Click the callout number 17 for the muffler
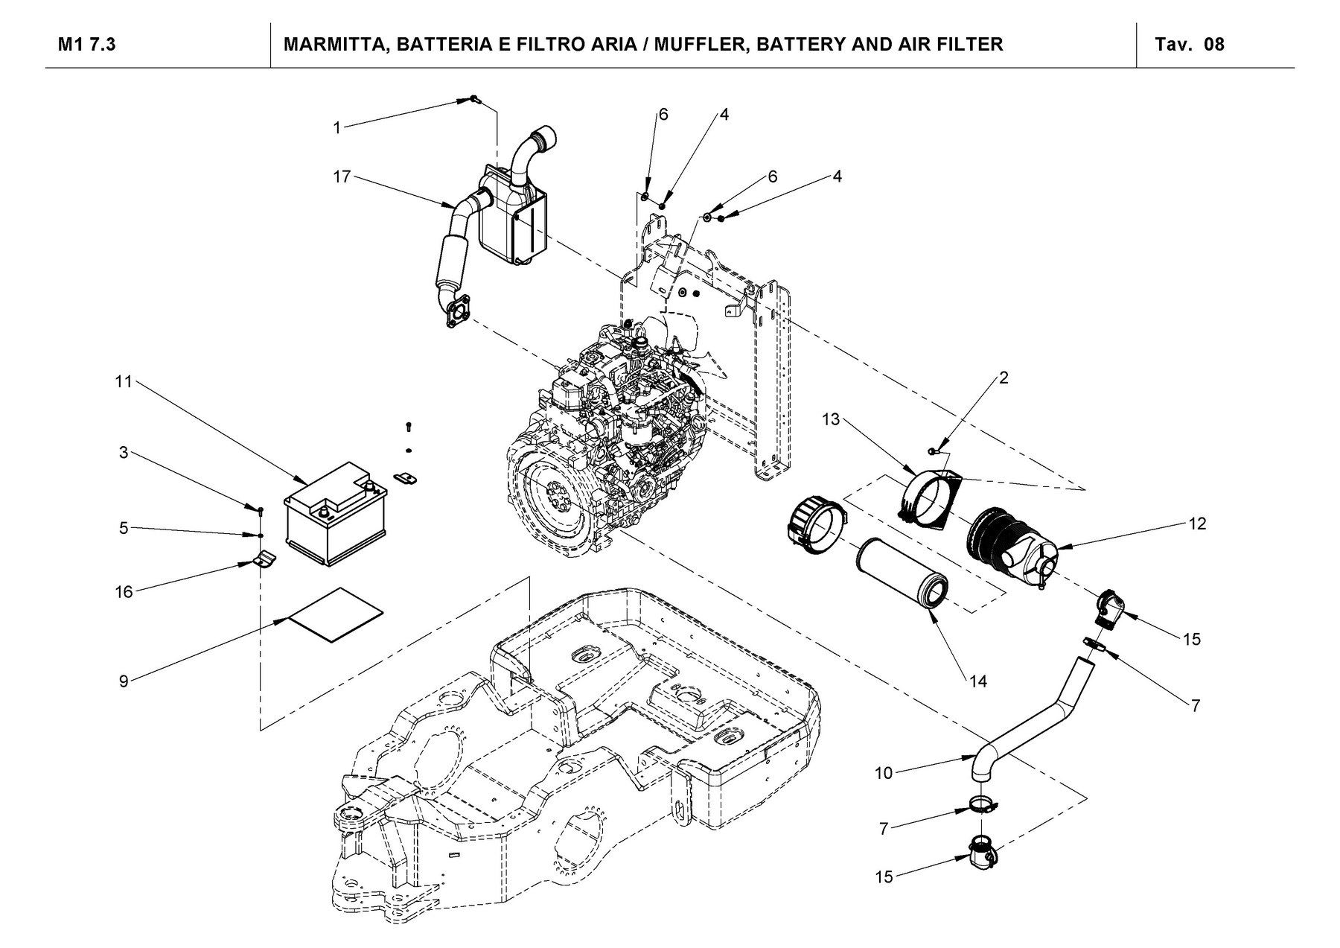coord(342,177)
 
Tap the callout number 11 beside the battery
coord(124,381)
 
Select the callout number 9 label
coord(124,680)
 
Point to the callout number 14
coord(978,681)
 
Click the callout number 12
coord(1197,524)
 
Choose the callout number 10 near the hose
coord(884,773)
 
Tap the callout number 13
coord(831,420)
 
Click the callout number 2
coord(1004,378)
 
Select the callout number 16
coord(124,592)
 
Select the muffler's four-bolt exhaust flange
coord(453,311)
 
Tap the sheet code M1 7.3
coord(87,45)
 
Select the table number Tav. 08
coord(1190,45)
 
